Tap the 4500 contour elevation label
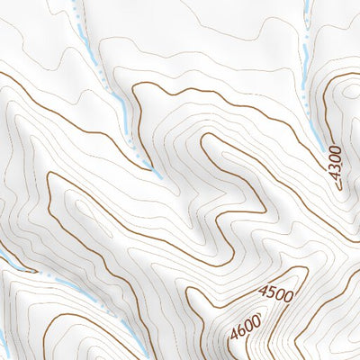[x=275, y=292]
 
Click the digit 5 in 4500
[x=271, y=294]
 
